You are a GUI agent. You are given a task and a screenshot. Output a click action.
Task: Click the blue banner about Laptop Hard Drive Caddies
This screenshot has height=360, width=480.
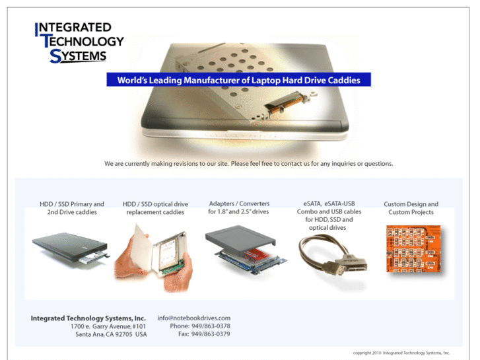pos(238,80)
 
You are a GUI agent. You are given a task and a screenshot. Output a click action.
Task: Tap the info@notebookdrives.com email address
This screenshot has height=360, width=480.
pos(193,318)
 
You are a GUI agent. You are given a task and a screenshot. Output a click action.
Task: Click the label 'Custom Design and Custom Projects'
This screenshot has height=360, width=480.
pos(411,208)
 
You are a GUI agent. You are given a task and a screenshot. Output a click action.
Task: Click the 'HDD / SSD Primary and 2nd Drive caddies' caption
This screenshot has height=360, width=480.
pos(71,208)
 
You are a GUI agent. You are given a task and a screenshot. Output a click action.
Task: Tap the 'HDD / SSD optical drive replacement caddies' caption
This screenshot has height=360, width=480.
pos(155,208)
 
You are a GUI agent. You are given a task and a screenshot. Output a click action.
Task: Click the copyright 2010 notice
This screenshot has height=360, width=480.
pos(401,353)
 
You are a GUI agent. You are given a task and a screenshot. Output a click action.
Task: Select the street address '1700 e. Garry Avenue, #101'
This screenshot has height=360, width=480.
pos(108,326)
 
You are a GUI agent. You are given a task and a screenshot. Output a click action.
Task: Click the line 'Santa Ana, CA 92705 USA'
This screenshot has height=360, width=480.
pos(111,334)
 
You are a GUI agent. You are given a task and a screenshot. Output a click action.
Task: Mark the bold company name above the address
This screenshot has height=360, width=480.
pos(88,318)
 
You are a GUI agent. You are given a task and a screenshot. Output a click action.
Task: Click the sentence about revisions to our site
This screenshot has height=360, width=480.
pos(248,162)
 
